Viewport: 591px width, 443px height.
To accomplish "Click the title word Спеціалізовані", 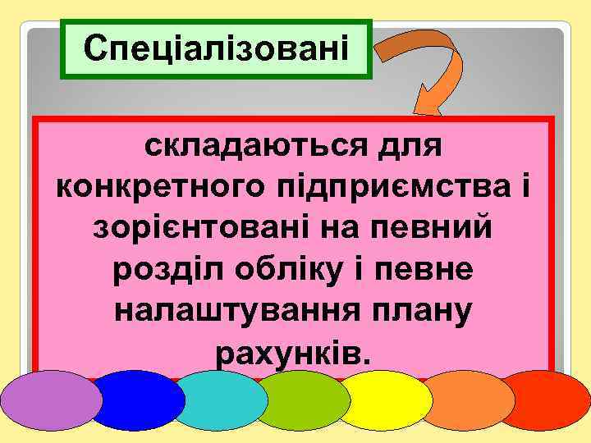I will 217,49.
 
